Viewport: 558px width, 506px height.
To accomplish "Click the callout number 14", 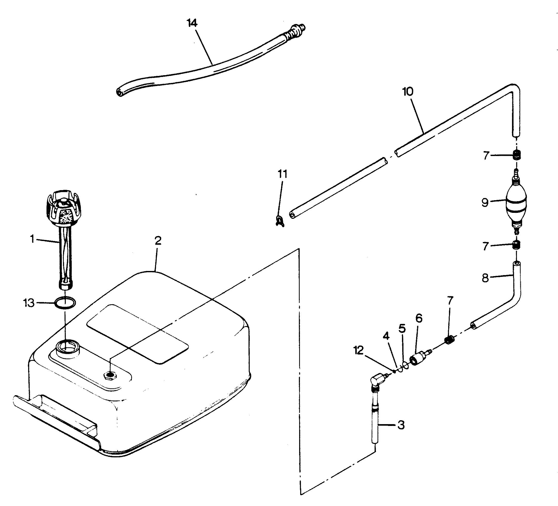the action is pyautogui.click(x=192, y=23).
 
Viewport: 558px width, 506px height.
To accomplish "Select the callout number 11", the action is pyautogui.click(x=283, y=174).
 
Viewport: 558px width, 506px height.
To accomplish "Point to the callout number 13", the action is pyautogui.click(x=29, y=303).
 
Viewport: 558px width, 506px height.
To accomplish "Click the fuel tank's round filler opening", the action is pyautogui.click(x=67, y=347).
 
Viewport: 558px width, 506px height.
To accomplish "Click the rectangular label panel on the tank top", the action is pyautogui.click(x=137, y=334).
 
